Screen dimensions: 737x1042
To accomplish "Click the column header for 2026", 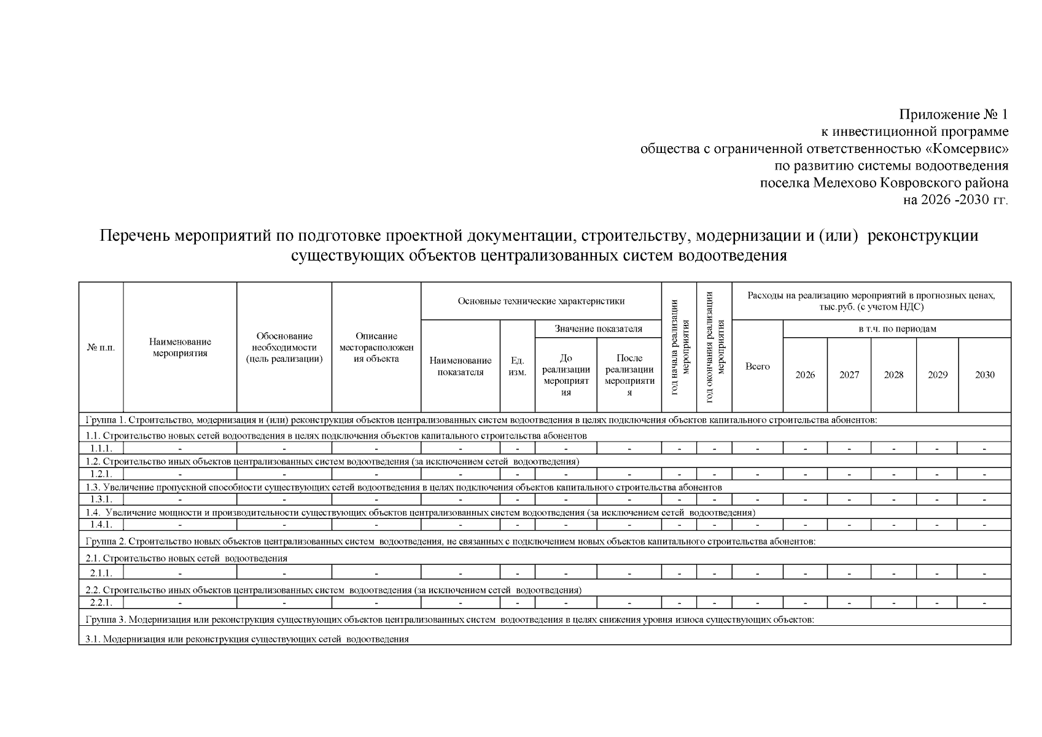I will (805, 375).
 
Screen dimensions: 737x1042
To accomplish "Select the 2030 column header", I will (984, 375).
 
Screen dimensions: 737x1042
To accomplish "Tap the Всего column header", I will (757, 366).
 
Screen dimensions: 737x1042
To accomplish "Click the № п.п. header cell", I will (101, 348).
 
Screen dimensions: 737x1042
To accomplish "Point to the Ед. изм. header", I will (517, 367).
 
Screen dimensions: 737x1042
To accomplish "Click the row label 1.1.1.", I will (101, 448).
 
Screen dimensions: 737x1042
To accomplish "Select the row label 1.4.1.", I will (101, 524).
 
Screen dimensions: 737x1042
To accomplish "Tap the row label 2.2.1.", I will (101, 602).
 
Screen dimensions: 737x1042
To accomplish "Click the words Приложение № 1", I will (953, 115).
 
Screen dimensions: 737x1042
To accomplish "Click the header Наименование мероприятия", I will (180, 348).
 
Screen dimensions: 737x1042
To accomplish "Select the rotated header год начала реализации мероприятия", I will (679, 347).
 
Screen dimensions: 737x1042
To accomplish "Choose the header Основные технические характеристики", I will (541, 301).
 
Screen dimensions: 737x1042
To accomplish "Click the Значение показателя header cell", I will (598, 329).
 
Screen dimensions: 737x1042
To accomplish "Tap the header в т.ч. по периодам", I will (897, 329).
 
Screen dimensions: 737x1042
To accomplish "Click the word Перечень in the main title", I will (135, 236).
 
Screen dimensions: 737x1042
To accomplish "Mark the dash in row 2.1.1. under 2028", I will (893, 572).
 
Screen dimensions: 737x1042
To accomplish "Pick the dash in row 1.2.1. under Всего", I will (757, 474).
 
